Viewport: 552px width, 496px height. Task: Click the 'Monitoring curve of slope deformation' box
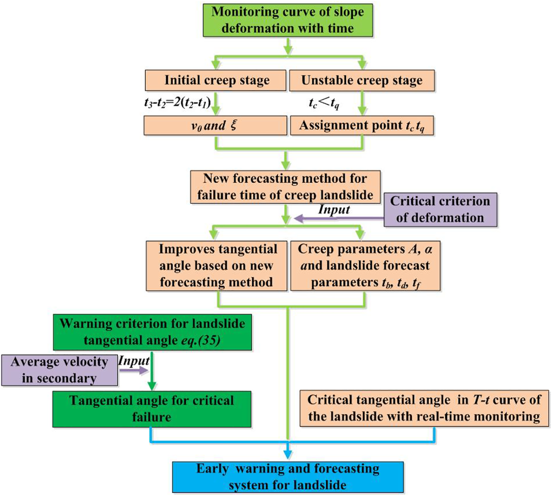pos(287,20)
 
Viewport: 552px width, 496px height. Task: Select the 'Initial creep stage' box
pos(216,81)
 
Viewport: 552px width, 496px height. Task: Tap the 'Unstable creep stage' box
pos(361,81)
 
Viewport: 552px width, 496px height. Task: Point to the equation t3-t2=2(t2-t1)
pos(177,103)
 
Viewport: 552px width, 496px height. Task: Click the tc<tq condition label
pos(324,103)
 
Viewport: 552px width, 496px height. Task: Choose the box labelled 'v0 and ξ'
pos(215,126)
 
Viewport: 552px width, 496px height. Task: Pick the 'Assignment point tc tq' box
pos(361,126)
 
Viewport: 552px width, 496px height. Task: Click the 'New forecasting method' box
pos(285,187)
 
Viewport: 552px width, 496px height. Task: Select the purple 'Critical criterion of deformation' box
pos(440,210)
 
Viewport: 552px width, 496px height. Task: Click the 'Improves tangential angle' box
pos(216,266)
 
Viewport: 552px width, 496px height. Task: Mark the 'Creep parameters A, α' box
pos(365,266)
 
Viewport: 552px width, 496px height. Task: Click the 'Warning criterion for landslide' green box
pos(152,332)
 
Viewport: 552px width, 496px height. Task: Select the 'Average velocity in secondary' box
pos(60,370)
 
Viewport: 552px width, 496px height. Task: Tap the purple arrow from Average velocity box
pos(134,370)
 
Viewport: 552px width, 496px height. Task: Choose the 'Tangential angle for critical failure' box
pos(151,409)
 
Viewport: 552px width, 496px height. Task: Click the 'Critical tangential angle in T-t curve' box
pos(424,408)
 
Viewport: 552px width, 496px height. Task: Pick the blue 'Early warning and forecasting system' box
pos(288,477)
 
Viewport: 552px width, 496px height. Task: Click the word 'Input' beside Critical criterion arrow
pos(334,210)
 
